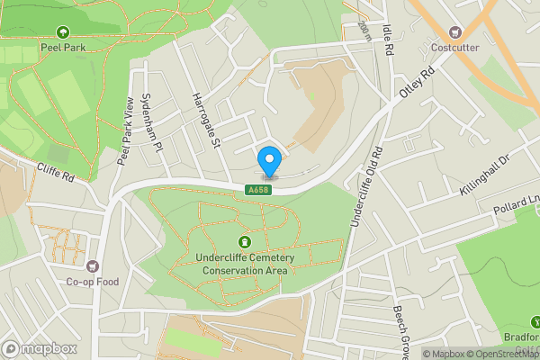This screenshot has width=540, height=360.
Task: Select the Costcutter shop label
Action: [x=454, y=48]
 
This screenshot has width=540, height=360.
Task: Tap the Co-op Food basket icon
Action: [x=92, y=265]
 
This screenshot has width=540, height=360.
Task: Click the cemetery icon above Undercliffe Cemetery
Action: [x=244, y=242]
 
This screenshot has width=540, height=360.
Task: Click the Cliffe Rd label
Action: [x=55, y=172]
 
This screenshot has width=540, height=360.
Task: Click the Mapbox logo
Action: [x=40, y=348]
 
